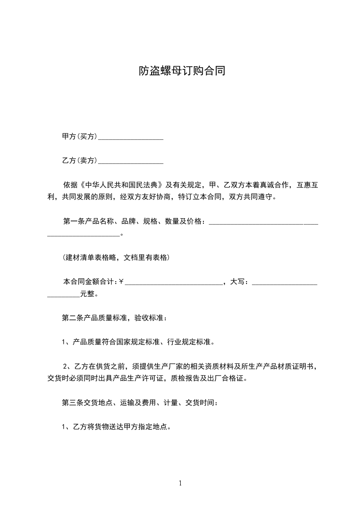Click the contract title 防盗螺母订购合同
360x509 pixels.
pyautogui.click(x=182, y=71)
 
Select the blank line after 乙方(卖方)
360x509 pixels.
pyautogui.click(x=131, y=161)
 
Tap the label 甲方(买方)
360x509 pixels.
pyautogui.click(x=79, y=136)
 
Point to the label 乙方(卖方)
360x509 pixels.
pyautogui.click(x=79, y=160)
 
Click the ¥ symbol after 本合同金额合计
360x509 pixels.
pyautogui.click(x=122, y=282)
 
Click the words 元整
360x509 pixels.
pyautogui.click(x=88, y=294)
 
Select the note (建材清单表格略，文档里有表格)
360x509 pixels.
pyautogui.click(x=116, y=258)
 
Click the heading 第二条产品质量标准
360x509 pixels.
pyautogui.click(x=95, y=318)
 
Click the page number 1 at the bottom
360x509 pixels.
pyautogui.click(x=180, y=483)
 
